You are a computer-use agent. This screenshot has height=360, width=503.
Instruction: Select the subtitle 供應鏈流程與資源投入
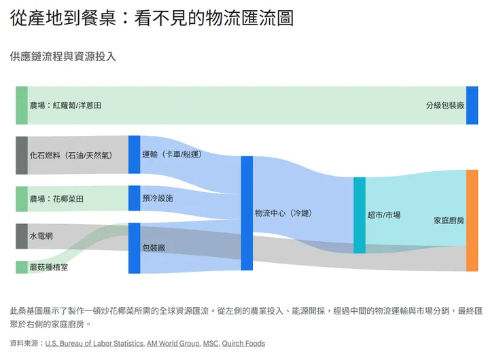click(63, 56)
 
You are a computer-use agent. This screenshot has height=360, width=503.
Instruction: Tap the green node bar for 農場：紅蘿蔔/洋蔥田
click(22, 105)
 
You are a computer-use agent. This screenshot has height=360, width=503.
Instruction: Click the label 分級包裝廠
click(445, 105)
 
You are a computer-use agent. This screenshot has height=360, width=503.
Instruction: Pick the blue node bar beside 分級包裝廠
click(472, 105)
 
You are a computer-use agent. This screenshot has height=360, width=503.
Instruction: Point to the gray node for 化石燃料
click(22, 155)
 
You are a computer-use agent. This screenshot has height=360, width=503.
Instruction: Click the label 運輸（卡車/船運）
click(172, 155)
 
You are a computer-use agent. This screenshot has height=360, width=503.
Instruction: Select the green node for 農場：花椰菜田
click(22, 199)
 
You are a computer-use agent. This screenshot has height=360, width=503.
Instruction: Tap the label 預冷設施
click(158, 198)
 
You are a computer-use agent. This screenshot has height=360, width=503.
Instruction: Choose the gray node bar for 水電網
click(22, 236)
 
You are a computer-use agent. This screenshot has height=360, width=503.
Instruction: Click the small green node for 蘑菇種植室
click(22, 267)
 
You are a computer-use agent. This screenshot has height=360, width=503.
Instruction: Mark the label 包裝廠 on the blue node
click(154, 248)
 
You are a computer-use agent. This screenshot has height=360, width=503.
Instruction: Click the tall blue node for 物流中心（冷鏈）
click(247, 213)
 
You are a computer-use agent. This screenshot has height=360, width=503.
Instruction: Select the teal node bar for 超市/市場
click(359, 215)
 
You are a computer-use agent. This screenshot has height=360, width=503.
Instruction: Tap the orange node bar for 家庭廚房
click(472, 220)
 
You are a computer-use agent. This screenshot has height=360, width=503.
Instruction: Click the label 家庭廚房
click(449, 220)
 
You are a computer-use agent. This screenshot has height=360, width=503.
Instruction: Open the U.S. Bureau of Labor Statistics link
click(94, 344)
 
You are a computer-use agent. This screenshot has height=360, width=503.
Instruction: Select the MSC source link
click(210, 344)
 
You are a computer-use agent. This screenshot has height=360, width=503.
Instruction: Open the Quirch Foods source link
click(243, 344)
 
